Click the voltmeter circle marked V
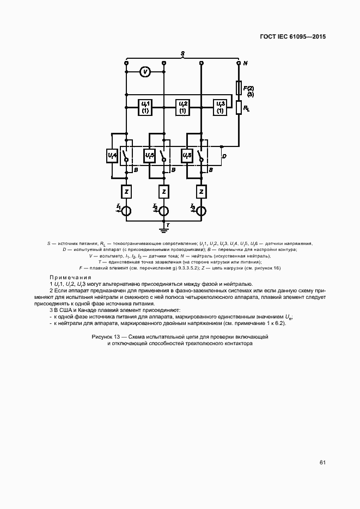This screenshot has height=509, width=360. pos(145,71)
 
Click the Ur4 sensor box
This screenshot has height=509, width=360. pos(112,156)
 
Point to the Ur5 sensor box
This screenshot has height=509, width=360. pos(150,156)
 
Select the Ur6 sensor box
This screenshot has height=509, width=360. pos(187,156)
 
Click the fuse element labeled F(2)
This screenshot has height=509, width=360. pos(239,87)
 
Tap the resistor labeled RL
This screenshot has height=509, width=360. pos(239,108)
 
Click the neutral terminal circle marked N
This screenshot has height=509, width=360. pos(239,63)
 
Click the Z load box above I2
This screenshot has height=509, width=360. pos(163,192)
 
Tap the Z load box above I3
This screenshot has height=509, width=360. pos(202,192)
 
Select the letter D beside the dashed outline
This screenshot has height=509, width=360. pos(225,157)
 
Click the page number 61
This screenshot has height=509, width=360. pos(322,463)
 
